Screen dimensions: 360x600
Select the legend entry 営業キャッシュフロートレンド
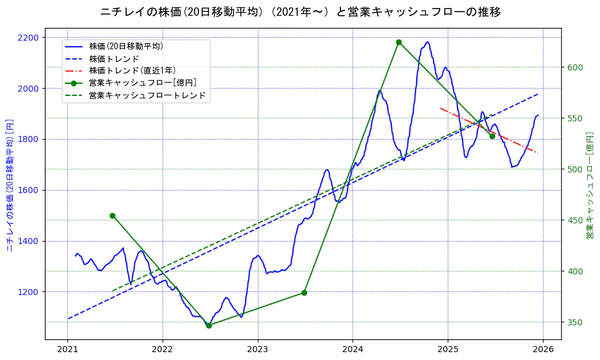pos(147,95)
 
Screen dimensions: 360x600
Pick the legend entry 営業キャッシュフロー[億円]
pos(142,83)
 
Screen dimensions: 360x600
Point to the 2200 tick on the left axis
pos(29,38)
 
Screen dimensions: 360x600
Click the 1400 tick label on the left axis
pos(29,241)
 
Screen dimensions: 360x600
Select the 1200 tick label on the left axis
pos(29,292)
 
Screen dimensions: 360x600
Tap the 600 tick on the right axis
pos(575,67)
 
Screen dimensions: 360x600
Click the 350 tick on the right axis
pos(575,322)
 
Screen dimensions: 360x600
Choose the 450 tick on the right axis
pos(575,220)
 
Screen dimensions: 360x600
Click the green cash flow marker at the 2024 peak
pos(399,42)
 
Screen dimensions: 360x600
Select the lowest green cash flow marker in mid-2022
pos(209,325)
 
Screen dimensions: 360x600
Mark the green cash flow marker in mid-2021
pos(112,216)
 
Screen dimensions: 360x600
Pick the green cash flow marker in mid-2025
pos(492,136)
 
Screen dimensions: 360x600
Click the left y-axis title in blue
pos(10,185)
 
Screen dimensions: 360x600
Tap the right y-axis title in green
pos(589,185)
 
